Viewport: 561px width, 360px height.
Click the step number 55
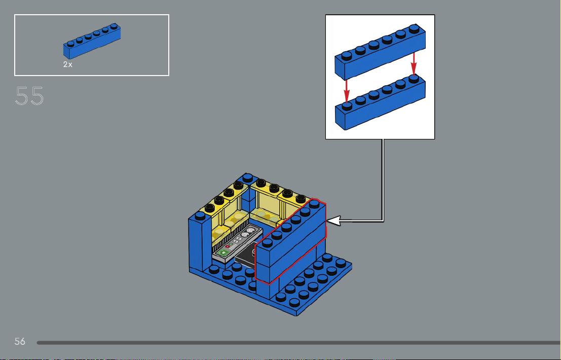click(x=29, y=96)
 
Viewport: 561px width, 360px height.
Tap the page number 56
click(x=20, y=341)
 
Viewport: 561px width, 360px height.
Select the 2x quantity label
click(x=67, y=64)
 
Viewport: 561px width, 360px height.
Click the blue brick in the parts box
click(x=92, y=41)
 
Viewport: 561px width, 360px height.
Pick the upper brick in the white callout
click(x=380, y=52)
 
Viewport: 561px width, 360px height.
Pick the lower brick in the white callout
click(x=380, y=102)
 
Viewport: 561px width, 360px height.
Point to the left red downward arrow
click(x=346, y=91)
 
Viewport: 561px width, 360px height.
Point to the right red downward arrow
click(x=414, y=64)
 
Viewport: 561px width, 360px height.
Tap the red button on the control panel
click(x=227, y=246)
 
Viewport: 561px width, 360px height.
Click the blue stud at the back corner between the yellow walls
click(x=247, y=178)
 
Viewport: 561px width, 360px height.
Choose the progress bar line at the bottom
click(x=299, y=343)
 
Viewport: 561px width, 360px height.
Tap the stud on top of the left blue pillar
click(x=200, y=215)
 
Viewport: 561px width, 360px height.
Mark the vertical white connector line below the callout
click(x=383, y=180)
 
